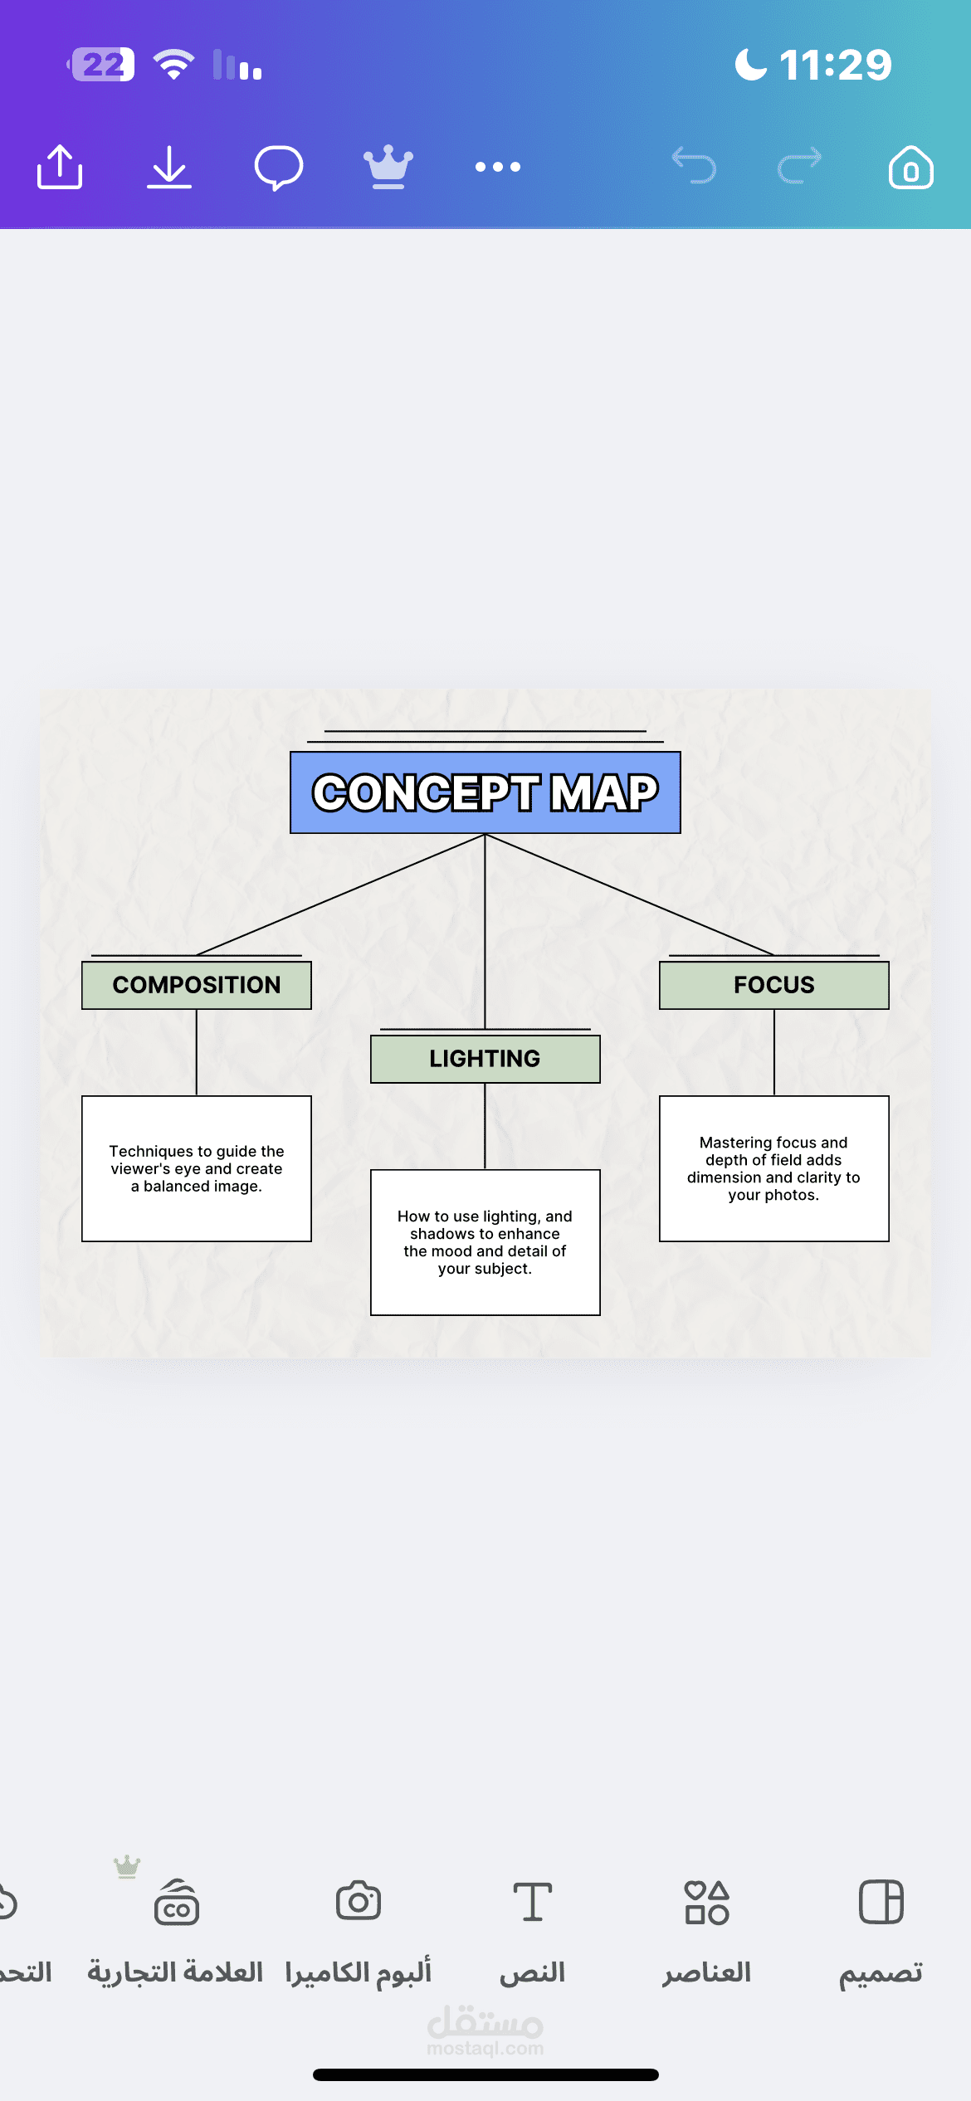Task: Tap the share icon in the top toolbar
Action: [60, 167]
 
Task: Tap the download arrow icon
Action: [169, 167]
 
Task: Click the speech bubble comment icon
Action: [279, 168]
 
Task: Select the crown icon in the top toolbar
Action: [388, 168]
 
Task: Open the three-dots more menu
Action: [498, 167]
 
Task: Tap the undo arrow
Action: [694, 165]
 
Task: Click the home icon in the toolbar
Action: [910, 168]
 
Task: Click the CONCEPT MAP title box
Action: [486, 792]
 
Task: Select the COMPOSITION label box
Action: [197, 985]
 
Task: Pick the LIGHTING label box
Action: [486, 1059]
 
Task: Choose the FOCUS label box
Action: [774, 985]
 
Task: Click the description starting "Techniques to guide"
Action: [197, 1168]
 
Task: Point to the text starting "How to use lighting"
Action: [486, 1242]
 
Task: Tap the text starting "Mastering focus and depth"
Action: [774, 1168]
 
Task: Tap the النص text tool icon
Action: [533, 1902]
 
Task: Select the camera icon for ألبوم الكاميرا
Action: [359, 1900]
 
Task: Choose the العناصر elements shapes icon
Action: [707, 1902]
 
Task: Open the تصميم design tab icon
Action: [881, 1902]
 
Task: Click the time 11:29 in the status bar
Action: [836, 65]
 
